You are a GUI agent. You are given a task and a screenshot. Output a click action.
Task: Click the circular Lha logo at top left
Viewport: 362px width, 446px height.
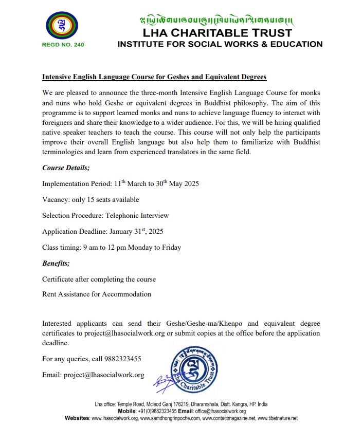pos(63,25)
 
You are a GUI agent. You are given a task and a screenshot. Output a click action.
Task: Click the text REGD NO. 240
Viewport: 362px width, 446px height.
pos(63,44)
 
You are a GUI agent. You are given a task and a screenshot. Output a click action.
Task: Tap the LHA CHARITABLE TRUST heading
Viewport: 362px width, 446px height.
pos(220,33)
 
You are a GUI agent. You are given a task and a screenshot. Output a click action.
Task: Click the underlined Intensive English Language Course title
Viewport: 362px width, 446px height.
pos(154,77)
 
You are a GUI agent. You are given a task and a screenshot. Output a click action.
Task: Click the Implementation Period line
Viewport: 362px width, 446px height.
pos(120,183)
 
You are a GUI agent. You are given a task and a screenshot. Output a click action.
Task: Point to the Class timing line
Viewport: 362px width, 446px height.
pos(112,247)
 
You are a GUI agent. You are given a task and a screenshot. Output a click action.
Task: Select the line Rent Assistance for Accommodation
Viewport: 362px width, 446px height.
pos(97,294)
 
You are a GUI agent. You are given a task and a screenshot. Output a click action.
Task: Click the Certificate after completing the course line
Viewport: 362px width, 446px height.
pos(99,279)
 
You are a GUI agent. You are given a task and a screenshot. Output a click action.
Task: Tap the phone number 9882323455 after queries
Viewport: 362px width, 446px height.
pos(123,359)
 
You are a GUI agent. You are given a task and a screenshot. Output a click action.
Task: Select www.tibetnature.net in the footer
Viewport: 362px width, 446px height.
pos(277,418)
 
